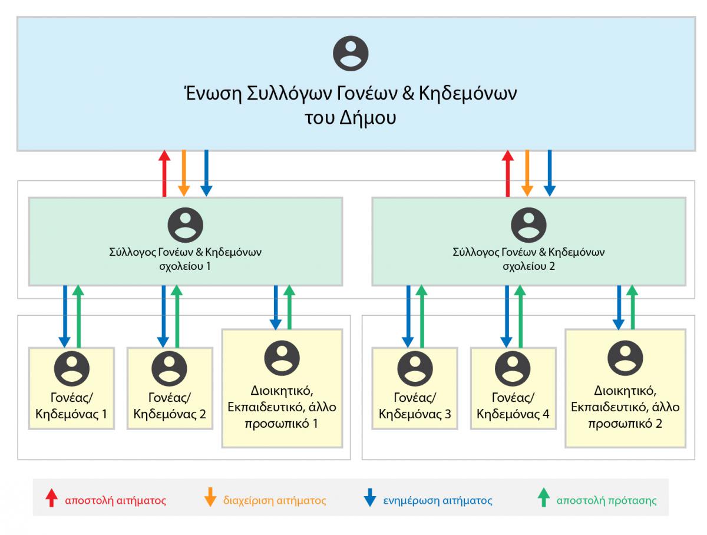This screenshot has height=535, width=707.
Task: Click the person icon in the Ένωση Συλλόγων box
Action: point(351,54)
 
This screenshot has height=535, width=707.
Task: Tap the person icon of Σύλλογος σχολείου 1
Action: point(186,224)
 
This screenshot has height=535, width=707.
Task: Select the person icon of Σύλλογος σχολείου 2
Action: point(528,224)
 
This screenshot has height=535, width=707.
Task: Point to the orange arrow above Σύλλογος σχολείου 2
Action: point(527,173)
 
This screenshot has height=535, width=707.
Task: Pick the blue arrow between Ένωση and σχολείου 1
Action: point(206,173)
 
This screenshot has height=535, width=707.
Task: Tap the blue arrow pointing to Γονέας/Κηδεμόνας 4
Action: point(506,315)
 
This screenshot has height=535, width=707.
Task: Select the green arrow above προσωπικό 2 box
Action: point(632,306)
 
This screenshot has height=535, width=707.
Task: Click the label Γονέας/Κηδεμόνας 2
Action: point(170,405)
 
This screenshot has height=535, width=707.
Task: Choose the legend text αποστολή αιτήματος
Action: point(115,501)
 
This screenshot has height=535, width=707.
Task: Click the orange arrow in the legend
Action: point(209,498)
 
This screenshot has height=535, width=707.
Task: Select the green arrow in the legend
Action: point(544,498)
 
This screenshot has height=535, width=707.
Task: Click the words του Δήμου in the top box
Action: point(351,117)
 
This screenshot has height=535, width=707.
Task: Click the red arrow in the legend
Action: point(52,498)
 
